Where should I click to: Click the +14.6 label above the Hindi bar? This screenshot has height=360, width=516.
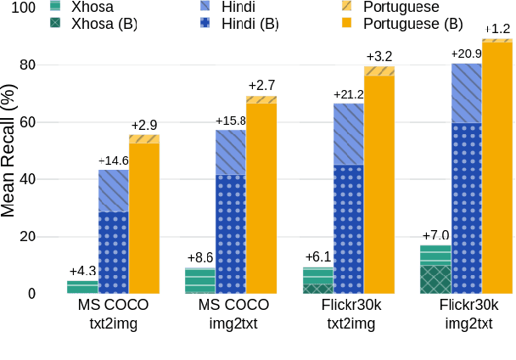(114, 160)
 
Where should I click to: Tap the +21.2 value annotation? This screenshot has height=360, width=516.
(350, 94)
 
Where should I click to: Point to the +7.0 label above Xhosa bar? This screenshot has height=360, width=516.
(436, 235)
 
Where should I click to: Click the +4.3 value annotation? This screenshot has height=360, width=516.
(82, 271)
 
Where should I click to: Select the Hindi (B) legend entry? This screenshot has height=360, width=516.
(250, 23)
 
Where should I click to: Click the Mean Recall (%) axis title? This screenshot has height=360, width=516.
(9, 151)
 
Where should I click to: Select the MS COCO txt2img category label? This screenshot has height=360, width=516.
(113, 313)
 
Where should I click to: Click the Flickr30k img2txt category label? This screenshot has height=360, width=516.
(468, 313)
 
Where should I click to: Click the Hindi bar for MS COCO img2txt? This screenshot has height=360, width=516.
(230, 211)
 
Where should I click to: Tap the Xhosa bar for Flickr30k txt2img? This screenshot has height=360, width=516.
(318, 280)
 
